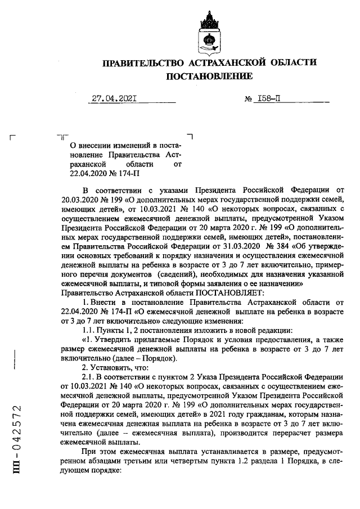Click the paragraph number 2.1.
pyautogui.click(x=91, y=376)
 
